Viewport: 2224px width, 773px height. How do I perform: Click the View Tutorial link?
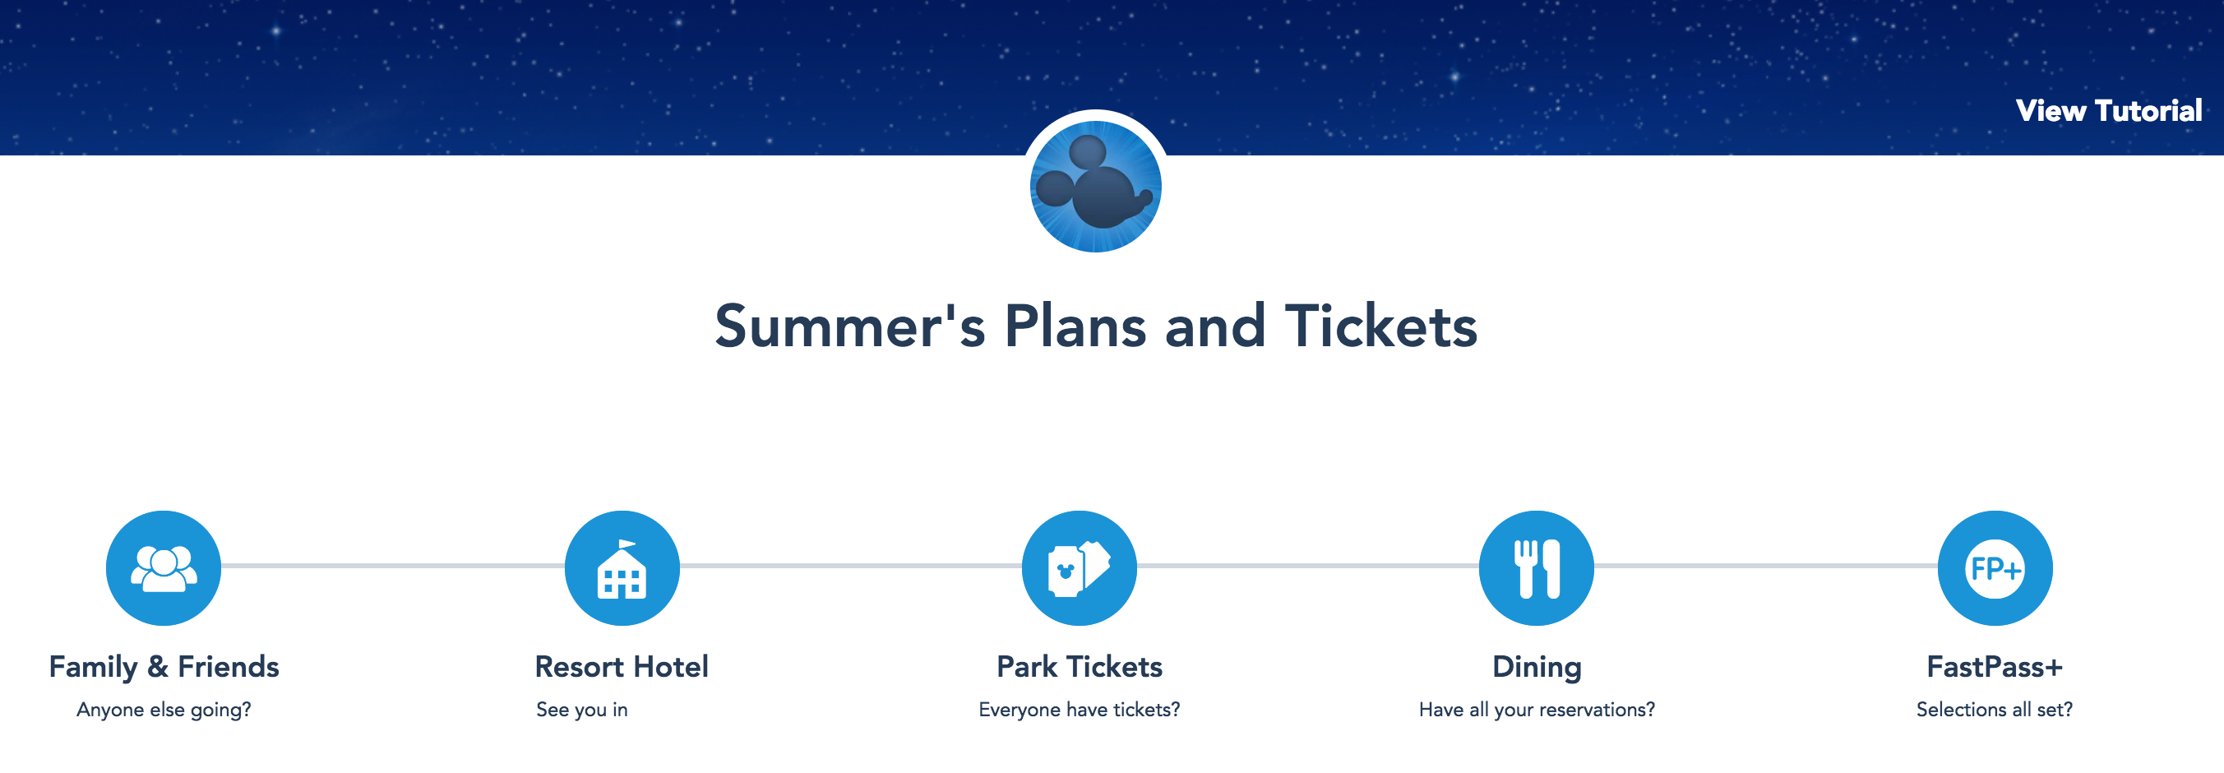tap(2108, 110)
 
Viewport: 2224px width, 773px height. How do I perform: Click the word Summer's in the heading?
tap(849, 326)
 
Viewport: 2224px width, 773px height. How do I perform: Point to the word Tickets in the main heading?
tap(1380, 326)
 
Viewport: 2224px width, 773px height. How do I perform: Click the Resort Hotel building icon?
tap(622, 567)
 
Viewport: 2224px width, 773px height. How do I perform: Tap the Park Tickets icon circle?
tap(1080, 567)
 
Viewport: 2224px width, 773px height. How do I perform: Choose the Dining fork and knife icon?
tap(1537, 567)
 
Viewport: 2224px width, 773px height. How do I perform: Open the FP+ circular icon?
tap(1995, 567)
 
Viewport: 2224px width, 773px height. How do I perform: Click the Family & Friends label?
tap(164, 667)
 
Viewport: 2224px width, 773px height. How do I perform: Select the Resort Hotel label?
tap(622, 667)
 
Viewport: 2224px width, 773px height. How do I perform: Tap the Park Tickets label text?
tap(1080, 667)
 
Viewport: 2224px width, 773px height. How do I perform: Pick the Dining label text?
tap(1537, 667)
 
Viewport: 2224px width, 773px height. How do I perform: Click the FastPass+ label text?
tap(1995, 667)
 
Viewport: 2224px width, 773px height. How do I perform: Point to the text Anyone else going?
tap(164, 710)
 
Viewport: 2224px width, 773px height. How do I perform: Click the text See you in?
tap(582, 710)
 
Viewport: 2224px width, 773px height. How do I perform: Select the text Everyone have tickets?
tap(1080, 710)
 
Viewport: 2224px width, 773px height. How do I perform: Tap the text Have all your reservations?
tap(1537, 710)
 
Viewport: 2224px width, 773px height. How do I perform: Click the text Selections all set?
tap(1995, 710)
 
